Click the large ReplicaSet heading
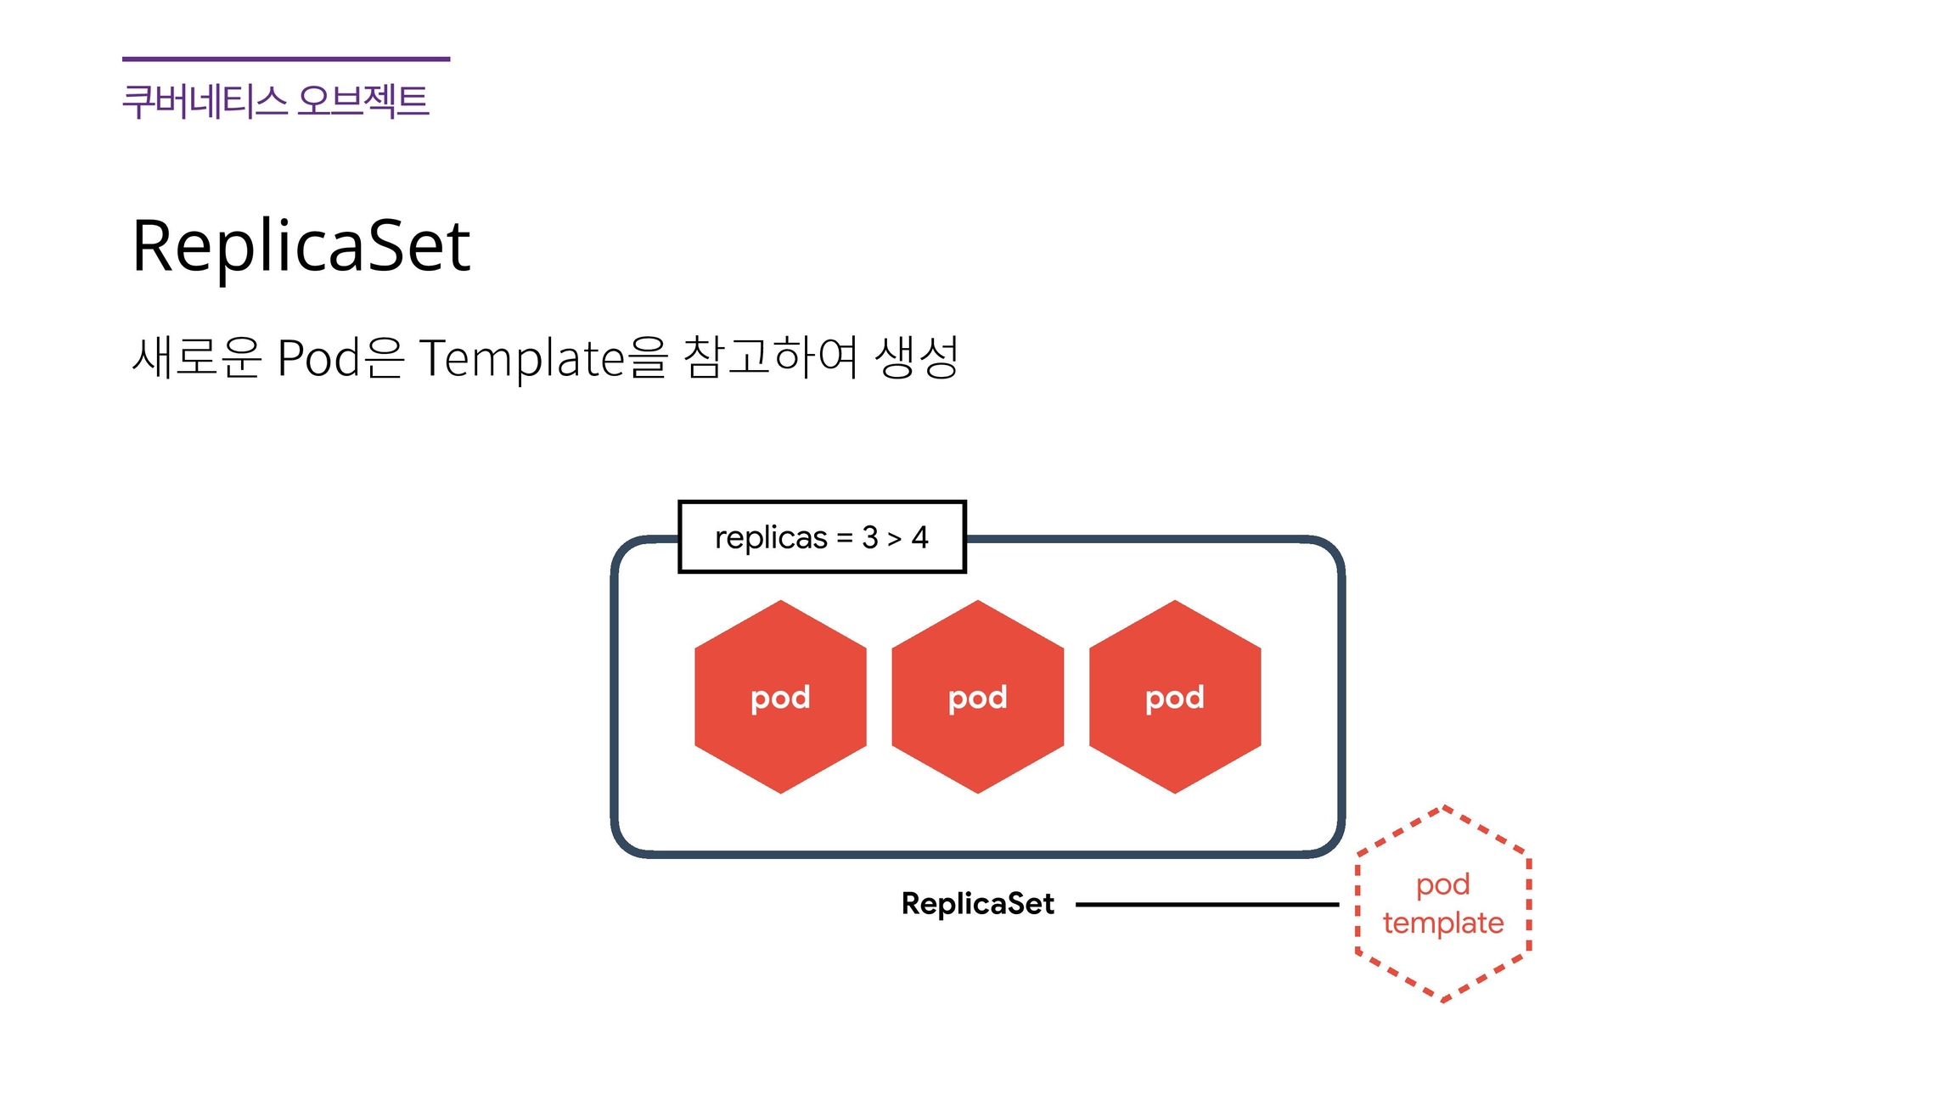click(x=301, y=246)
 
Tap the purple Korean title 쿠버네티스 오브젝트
click(x=275, y=101)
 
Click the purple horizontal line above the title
click(x=286, y=59)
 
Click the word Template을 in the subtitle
click(x=543, y=357)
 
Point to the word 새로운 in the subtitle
click(x=196, y=357)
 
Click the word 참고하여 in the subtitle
click(x=770, y=357)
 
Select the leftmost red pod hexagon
click(x=780, y=697)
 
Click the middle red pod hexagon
click(x=977, y=697)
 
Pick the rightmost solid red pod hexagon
click(x=1174, y=697)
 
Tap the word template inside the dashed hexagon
click(x=1443, y=923)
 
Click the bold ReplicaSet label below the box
click(x=977, y=904)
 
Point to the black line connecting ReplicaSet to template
click(x=1206, y=905)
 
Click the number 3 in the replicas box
click(x=869, y=537)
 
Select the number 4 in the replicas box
click(x=919, y=537)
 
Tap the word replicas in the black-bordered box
click(x=771, y=537)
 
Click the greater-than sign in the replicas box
click(x=895, y=538)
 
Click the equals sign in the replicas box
click(x=845, y=538)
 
